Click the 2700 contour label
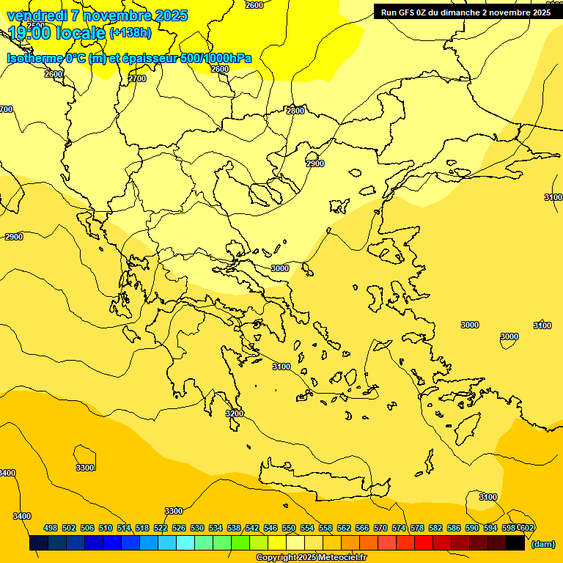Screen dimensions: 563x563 point(137,78)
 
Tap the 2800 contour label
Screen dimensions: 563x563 point(295,111)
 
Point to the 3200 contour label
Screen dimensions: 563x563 point(235,413)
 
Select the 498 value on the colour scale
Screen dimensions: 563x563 point(51,528)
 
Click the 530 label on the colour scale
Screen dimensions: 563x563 point(197,528)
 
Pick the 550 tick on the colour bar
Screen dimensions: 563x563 point(289,528)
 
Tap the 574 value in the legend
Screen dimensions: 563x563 point(399,528)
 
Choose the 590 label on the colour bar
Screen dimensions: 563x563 point(472,528)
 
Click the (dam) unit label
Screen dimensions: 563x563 point(542,544)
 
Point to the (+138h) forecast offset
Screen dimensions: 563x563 point(130,33)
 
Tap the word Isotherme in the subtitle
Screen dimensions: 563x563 point(35,58)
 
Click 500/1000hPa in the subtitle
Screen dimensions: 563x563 point(216,58)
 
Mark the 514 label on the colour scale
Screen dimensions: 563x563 point(124,528)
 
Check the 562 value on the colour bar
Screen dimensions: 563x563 point(344,528)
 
